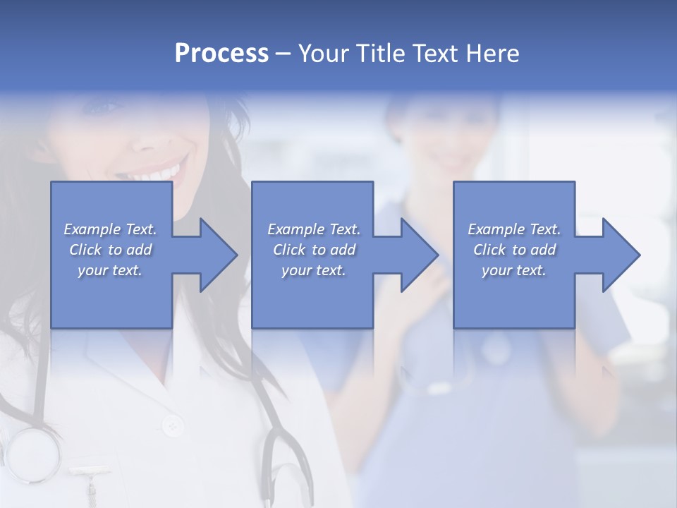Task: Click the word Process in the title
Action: point(221,54)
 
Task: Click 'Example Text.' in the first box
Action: point(111,229)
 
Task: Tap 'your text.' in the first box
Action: point(111,270)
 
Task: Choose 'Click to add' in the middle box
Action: point(314,250)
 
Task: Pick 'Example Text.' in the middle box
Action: point(314,229)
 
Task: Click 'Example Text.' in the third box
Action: point(514,229)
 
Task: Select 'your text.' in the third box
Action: point(514,270)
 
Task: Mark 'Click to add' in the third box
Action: point(514,250)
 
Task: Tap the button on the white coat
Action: point(171,425)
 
